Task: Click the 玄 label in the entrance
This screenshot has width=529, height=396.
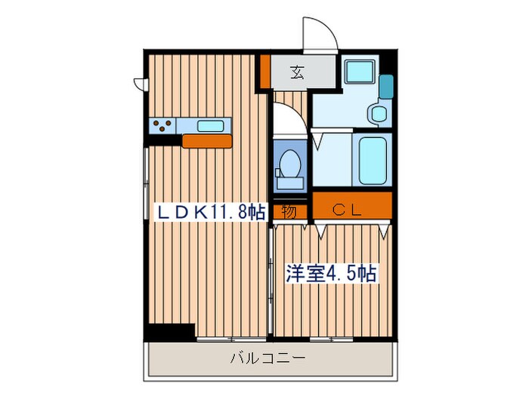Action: tap(297, 73)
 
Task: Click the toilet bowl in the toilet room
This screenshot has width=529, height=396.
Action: tap(288, 161)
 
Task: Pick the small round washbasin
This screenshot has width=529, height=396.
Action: tap(377, 114)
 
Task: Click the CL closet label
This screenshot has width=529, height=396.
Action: tap(351, 212)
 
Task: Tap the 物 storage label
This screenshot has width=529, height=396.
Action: tap(289, 212)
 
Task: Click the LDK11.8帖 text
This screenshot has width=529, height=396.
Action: tap(210, 212)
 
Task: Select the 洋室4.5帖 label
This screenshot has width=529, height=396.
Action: tap(331, 272)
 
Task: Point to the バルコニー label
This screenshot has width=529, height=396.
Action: tap(268, 358)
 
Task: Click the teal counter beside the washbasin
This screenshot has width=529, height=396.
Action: tap(386, 87)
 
